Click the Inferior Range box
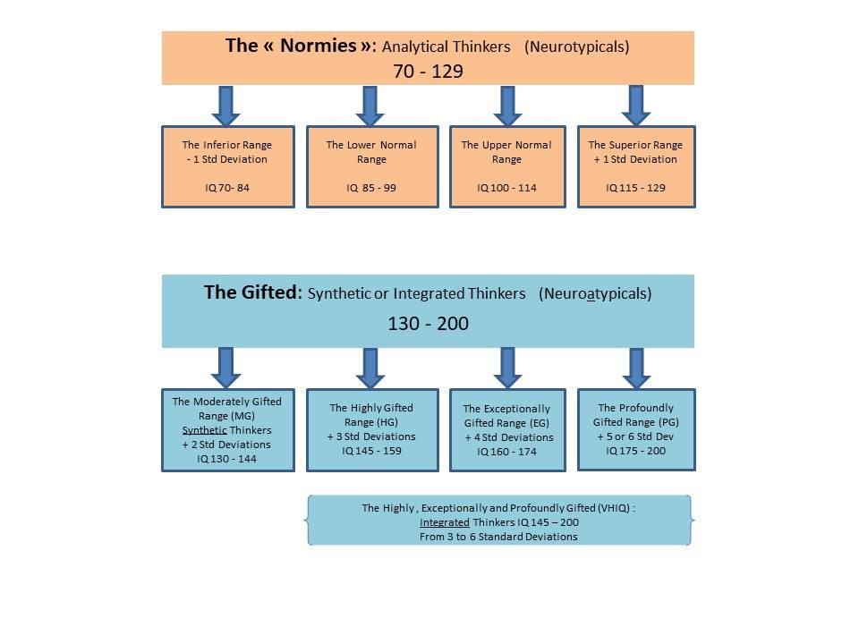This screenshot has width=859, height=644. pyautogui.click(x=227, y=166)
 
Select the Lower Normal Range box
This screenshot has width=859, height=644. pyautogui.click(x=372, y=166)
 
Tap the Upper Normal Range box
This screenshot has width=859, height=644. pyautogui.click(x=506, y=166)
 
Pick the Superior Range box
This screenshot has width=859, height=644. pyautogui.click(x=635, y=166)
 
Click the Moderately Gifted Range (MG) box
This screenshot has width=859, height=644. pyautogui.click(x=227, y=429)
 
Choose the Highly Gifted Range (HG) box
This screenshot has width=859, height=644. pyautogui.click(x=372, y=429)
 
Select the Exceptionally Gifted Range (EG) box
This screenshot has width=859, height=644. pyautogui.click(x=506, y=430)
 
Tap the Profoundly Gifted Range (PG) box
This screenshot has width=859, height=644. pyautogui.click(x=635, y=429)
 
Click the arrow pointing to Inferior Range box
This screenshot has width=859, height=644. pyautogui.click(x=226, y=106)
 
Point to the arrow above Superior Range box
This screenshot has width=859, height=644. pyautogui.click(x=636, y=105)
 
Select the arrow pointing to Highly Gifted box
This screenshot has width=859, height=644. pyautogui.click(x=370, y=368)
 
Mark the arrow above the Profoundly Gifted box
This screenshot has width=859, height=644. pyautogui.click(x=636, y=368)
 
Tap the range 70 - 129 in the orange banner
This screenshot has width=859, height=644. pyautogui.click(x=428, y=71)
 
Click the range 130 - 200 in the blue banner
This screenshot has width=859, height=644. pyautogui.click(x=428, y=323)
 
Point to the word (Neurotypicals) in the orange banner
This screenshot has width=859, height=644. pyautogui.click(x=576, y=47)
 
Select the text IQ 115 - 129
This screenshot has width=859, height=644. pyautogui.click(x=635, y=188)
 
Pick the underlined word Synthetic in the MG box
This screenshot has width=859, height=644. pyautogui.click(x=205, y=430)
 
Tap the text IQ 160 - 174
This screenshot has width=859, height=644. pyautogui.click(x=506, y=452)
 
